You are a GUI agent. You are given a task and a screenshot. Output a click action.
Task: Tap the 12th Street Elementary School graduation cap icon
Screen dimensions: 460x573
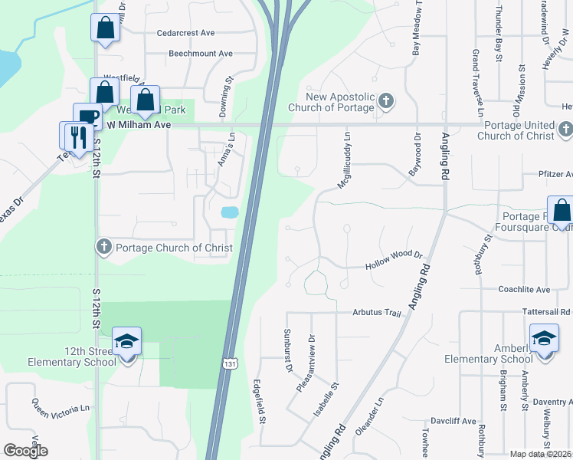[x=126, y=340]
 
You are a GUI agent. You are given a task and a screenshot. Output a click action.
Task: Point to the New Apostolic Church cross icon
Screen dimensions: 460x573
[x=386, y=100]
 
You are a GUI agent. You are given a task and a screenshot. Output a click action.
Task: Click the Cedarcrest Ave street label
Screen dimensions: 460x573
[x=185, y=34]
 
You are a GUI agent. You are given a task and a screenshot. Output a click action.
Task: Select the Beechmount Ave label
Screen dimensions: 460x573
[x=200, y=54]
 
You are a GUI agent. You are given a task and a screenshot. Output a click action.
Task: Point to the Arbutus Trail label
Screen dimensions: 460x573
[x=377, y=313]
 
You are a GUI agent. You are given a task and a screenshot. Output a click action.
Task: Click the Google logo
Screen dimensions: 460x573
[x=25, y=451]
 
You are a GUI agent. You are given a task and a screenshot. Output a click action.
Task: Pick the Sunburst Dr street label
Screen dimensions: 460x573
[x=289, y=351]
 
